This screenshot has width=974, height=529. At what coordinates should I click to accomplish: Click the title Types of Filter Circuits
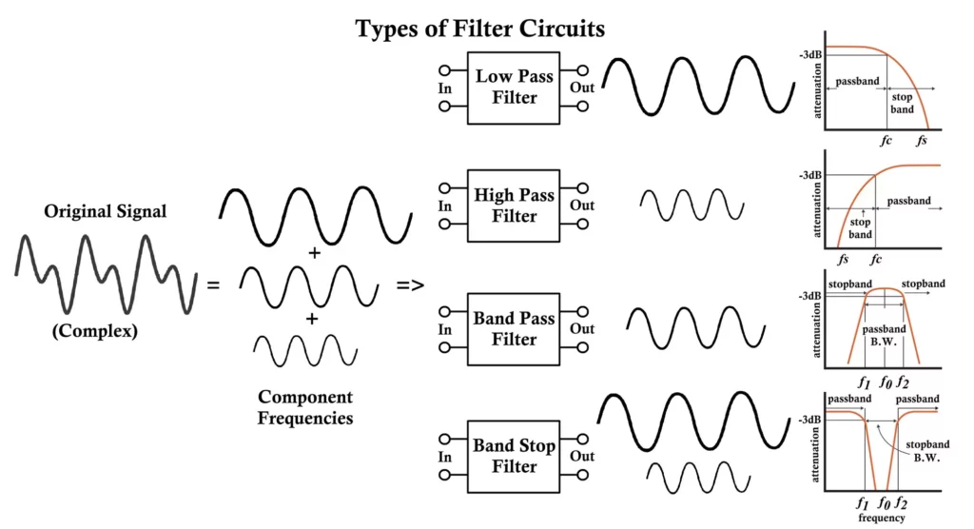click(480, 29)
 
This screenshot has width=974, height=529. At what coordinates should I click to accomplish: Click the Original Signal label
click(105, 211)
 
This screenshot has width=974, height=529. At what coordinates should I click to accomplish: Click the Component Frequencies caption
click(305, 406)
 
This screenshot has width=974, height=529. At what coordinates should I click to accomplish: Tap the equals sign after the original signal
click(213, 284)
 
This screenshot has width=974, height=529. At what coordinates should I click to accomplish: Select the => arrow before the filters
click(410, 284)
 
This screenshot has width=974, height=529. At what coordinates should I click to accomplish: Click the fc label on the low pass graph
click(886, 140)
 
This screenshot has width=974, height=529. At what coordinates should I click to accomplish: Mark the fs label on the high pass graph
click(843, 259)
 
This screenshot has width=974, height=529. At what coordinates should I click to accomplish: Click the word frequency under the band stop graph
click(880, 518)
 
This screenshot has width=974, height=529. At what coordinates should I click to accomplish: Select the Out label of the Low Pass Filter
click(582, 88)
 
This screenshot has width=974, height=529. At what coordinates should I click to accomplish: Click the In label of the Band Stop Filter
click(444, 457)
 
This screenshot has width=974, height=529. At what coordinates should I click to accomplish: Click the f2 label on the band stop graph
click(902, 503)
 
